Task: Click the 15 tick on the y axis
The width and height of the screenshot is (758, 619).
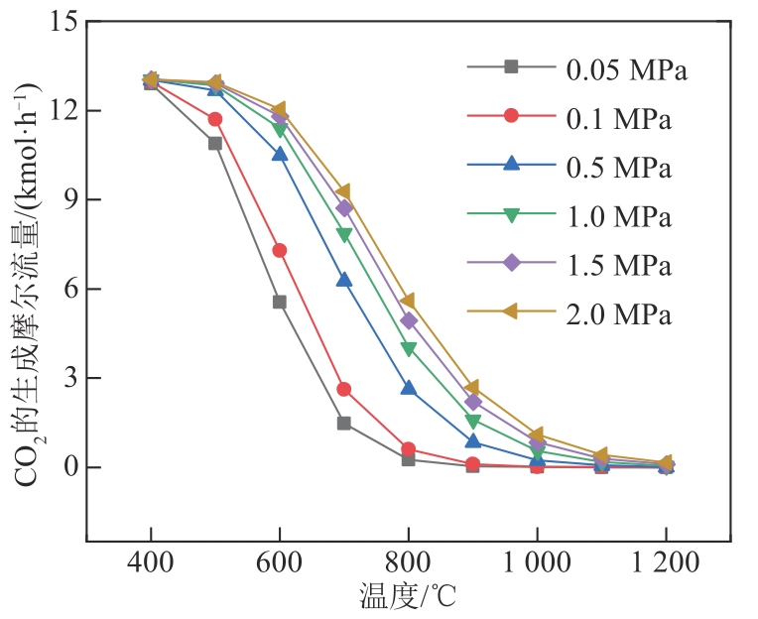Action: (63, 21)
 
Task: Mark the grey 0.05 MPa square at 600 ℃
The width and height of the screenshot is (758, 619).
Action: (280, 302)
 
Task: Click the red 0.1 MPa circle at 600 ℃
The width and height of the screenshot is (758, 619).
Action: (280, 250)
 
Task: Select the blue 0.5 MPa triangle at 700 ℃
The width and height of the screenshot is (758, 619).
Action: (344, 280)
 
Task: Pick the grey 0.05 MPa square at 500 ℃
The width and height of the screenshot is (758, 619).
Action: (215, 143)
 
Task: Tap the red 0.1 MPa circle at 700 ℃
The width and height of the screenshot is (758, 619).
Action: (344, 389)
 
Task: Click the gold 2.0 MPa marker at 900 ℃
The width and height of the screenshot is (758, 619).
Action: (472, 388)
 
